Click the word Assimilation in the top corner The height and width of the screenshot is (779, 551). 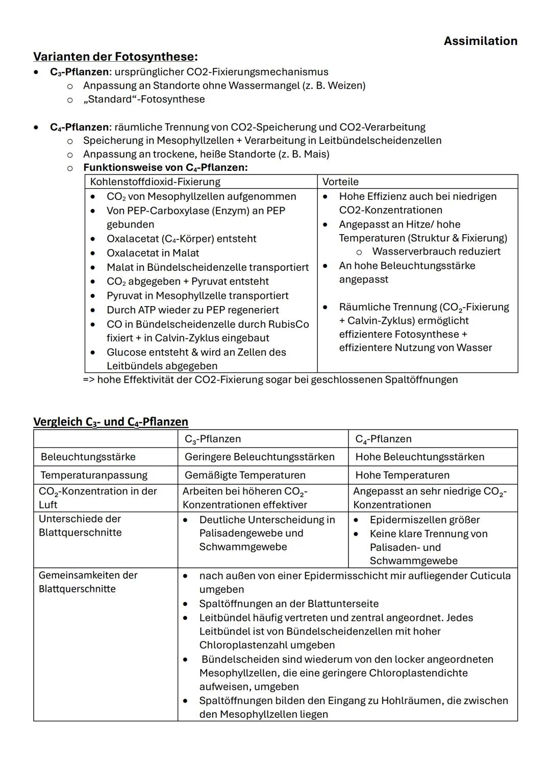480,41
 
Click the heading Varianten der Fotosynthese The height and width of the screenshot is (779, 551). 115,56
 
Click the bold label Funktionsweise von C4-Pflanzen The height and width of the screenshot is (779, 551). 165,167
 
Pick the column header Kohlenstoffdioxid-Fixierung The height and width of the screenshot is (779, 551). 155,182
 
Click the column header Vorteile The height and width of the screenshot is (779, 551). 340,182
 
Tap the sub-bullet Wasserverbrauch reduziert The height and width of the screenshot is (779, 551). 436,251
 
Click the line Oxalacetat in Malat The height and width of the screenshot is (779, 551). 153,253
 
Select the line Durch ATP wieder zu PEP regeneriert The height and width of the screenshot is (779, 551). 192,310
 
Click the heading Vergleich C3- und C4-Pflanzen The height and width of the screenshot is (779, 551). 111,421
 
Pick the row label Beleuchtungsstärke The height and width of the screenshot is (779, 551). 88,457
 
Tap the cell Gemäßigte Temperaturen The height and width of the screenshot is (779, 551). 245,475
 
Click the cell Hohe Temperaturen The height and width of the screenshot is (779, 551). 402,475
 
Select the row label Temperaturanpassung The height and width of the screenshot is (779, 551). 94,475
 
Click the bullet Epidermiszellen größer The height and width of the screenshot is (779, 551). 424,519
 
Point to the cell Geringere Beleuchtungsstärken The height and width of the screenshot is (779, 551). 259,457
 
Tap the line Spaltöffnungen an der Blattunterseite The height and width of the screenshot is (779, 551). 289,604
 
